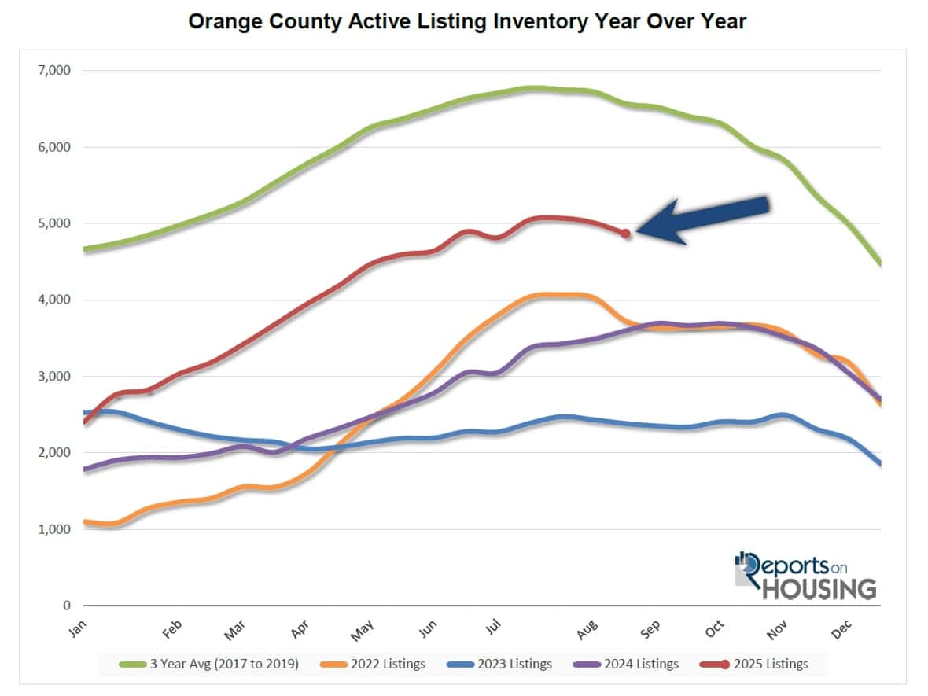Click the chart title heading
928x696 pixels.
pos(467,21)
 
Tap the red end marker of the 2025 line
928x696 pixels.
pos(625,234)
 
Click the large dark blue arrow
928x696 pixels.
pos(702,219)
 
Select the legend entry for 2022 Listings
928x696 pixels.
pos(374,664)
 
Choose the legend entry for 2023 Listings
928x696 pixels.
pos(499,664)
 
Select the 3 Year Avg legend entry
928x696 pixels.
pos(209,664)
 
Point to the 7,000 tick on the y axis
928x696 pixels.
pos(54,71)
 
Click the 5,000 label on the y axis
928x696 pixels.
pos(54,223)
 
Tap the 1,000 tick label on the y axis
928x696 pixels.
pos(54,529)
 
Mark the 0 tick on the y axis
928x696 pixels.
pos(67,606)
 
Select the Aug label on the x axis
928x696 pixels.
pos(587,628)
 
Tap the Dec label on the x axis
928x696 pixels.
pos(841,628)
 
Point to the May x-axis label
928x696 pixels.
pos(361,628)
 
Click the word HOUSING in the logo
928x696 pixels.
pos(818,589)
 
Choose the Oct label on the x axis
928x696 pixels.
pos(714,628)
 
